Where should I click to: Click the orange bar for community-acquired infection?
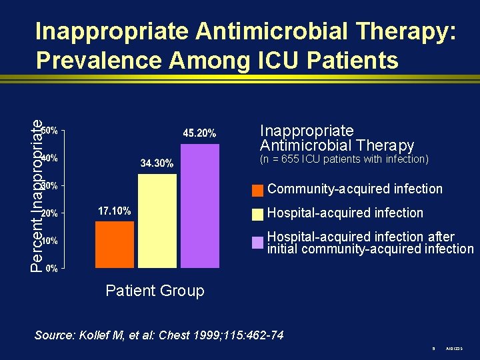[x=115, y=244]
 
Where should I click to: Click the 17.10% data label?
[x=114, y=211]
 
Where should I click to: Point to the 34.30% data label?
[x=157, y=163]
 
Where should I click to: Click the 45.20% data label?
[x=199, y=134]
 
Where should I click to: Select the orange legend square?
[x=257, y=191]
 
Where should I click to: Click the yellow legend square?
[x=257, y=214]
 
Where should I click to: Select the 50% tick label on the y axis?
[x=50, y=130]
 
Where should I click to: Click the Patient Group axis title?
[x=155, y=291]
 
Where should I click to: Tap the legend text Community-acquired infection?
[x=355, y=189]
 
